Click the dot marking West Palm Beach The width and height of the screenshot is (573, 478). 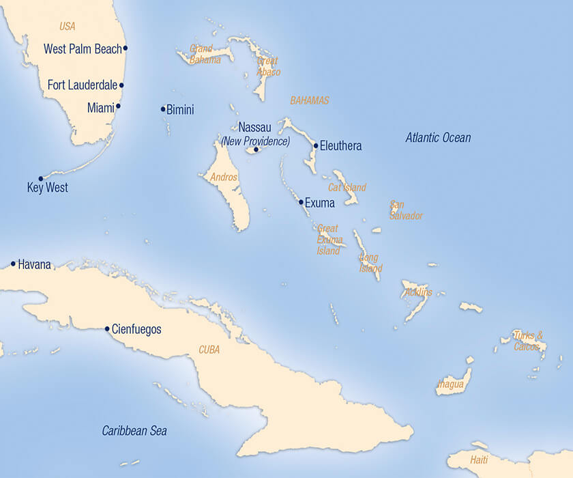(x=126, y=48)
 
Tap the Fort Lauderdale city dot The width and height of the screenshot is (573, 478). (x=121, y=85)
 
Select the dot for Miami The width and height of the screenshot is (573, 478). (x=118, y=106)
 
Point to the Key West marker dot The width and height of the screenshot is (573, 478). (x=41, y=179)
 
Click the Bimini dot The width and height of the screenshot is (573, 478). (x=163, y=109)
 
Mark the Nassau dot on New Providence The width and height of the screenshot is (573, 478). (x=256, y=150)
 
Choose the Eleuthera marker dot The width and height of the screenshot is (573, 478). (x=316, y=145)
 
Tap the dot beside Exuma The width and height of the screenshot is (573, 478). (x=301, y=202)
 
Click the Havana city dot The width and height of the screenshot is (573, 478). (x=13, y=264)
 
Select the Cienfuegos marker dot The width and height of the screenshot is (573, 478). (x=107, y=328)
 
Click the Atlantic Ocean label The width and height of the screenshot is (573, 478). (x=438, y=138)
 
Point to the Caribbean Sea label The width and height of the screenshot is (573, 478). (x=134, y=431)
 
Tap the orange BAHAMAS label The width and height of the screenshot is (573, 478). (x=310, y=100)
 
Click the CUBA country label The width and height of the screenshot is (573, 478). (x=209, y=350)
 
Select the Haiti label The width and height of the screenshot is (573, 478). (x=479, y=460)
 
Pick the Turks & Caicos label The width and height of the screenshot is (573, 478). (x=529, y=340)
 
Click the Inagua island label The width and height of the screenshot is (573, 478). (x=450, y=384)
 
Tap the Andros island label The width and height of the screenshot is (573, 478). (x=224, y=178)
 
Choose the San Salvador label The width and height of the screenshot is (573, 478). (x=406, y=210)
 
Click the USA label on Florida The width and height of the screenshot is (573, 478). (x=67, y=27)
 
